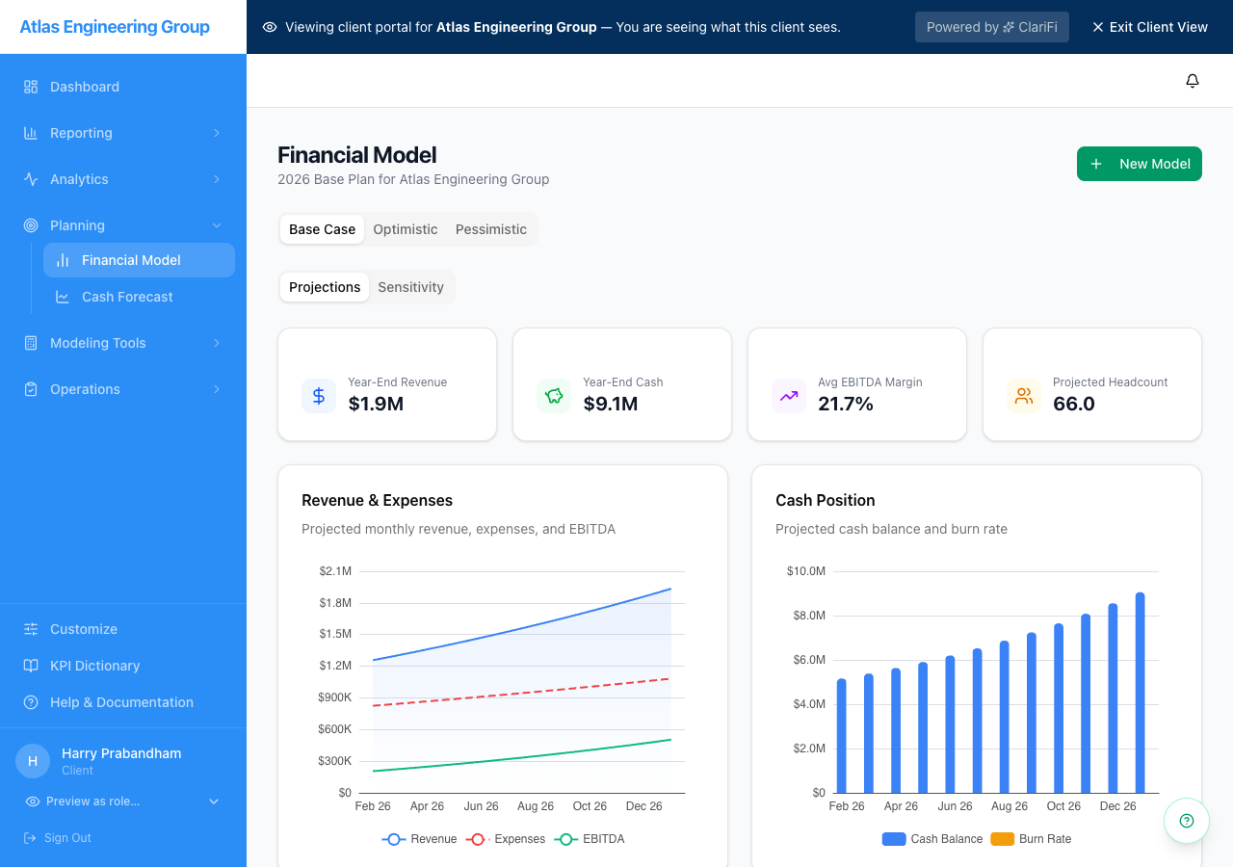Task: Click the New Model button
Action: point(1139,164)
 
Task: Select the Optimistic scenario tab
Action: point(405,229)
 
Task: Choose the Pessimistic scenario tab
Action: point(490,229)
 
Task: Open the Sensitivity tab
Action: point(410,287)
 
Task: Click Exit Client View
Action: point(1149,27)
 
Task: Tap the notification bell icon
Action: point(1192,81)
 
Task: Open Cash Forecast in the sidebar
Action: point(127,297)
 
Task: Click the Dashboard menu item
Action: point(85,87)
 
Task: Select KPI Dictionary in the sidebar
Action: point(94,666)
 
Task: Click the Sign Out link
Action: point(67,838)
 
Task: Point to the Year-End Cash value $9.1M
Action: point(611,404)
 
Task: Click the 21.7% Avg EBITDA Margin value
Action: point(846,404)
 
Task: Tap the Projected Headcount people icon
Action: point(1023,396)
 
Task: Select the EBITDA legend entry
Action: point(590,839)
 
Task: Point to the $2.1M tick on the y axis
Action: point(335,571)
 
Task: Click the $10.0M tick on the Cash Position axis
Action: point(805,571)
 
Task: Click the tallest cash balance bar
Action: point(1140,693)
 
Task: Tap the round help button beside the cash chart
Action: point(1186,821)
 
